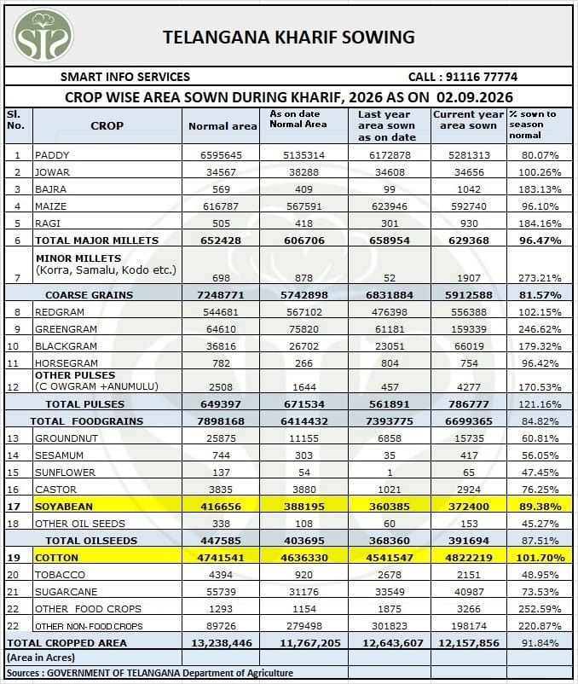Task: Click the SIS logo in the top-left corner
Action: [x=43, y=35]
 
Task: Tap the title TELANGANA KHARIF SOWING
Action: [x=288, y=37]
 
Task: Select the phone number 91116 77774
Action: [x=482, y=78]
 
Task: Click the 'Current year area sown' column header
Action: [x=468, y=120]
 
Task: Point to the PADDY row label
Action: [x=52, y=155]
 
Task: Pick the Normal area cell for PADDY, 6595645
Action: [x=221, y=155]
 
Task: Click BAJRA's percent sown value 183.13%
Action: [x=540, y=189]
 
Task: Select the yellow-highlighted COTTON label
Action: [x=56, y=558]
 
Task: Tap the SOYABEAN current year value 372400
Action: [x=469, y=507]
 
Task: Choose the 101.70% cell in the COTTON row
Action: [x=540, y=558]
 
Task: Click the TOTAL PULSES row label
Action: [x=85, y=404]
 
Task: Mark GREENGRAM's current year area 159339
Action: [x=469, y=329]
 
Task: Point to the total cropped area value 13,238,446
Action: [x=222, y=643]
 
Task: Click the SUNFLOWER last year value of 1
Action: [x=390, y=472]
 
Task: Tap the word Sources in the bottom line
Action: [x=23, y=673]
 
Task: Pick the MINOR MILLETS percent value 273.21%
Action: [x=540, y=278]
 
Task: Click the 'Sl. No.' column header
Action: [x=15, y=120]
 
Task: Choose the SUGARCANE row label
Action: [x=61, y=592]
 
